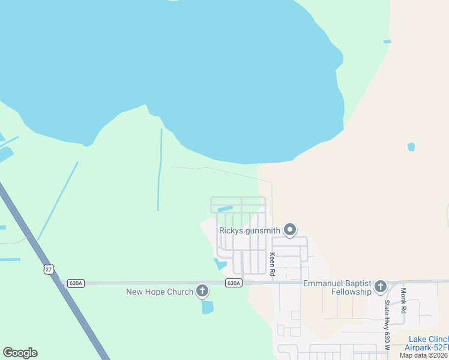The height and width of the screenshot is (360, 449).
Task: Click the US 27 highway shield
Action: coord(48,269)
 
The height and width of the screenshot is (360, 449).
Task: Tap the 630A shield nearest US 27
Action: coord(76,283)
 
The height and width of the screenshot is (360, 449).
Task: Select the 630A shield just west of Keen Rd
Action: coord(234,283)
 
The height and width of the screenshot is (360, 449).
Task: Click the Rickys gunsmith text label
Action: coord(249,230)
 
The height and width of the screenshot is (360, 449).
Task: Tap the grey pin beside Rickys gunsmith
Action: coord(290,230)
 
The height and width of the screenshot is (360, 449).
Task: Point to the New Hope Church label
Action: coord(160,292)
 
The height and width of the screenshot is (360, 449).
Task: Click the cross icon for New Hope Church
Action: coord(202,292)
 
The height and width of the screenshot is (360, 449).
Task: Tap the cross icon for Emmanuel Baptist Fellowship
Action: coord(380,287)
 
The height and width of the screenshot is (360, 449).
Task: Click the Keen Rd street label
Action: coord(272,264)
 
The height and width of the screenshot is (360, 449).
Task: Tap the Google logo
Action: coord(20,353)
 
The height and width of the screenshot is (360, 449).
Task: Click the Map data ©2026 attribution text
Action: coord(424,355)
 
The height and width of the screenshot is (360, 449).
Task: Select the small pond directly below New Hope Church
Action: coord(207,307)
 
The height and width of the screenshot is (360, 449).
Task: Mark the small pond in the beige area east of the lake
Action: coord(411,146)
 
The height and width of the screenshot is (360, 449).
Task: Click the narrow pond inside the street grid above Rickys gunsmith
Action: coord(224,209)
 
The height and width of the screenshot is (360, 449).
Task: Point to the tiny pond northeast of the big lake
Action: coord(387,41)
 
